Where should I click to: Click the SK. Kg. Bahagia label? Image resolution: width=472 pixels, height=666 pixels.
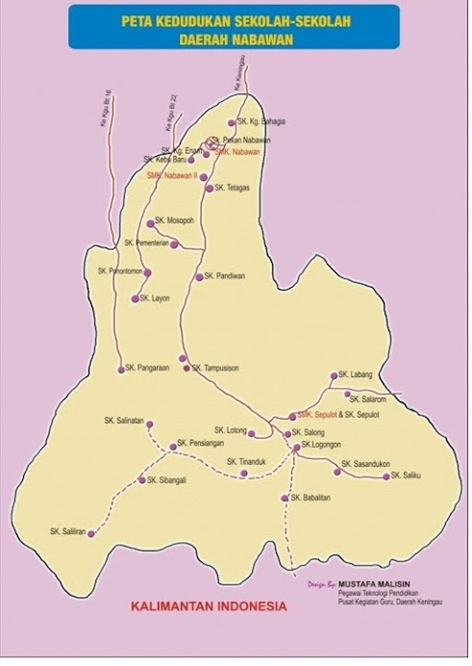262,122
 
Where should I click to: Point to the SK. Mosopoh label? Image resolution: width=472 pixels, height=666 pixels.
176,221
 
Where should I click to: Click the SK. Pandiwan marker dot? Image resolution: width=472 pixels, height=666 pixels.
199,277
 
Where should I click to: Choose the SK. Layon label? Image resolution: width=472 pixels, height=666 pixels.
155,298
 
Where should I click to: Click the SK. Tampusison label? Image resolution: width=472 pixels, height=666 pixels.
215,368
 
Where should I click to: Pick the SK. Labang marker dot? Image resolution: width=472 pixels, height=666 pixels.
334,376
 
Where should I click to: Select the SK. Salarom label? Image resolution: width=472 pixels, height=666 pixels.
367,398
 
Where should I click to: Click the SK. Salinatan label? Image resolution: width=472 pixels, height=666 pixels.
124,421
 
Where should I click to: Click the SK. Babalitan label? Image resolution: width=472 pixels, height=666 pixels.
311,498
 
